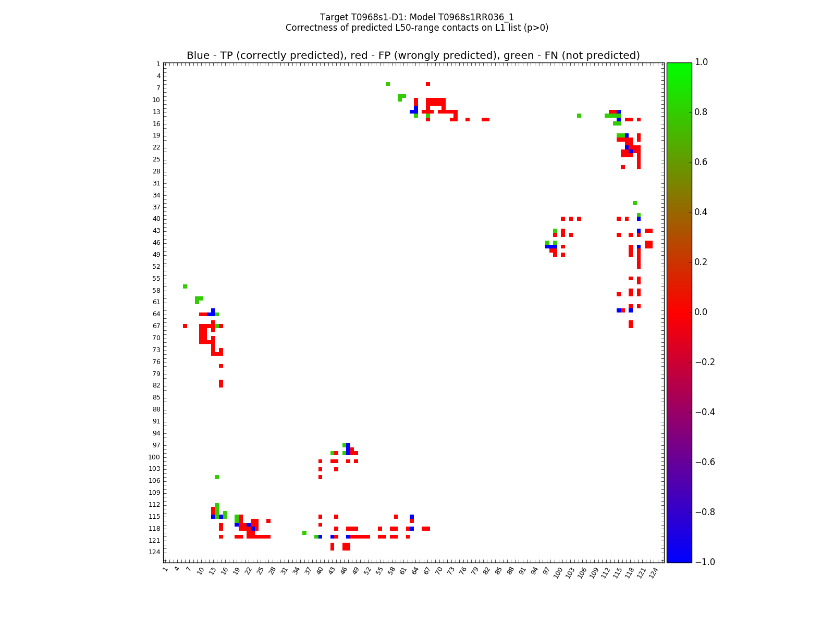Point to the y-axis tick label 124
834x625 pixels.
pyautogui.click(x=154, y=552)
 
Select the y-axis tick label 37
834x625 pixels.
pyautogui.click(x=156, y=207)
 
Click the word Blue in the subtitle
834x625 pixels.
pyautogui.click(x=198, y=56)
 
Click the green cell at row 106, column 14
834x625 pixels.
pyautogui.click(x=217, y=477)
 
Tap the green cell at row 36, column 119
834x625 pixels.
pyautogui.click(x=634, y=203)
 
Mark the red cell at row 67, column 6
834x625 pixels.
pyautogui.click(x=185, y=326)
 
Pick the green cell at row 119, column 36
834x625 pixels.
pyautogui.click(x=304, y=533)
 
